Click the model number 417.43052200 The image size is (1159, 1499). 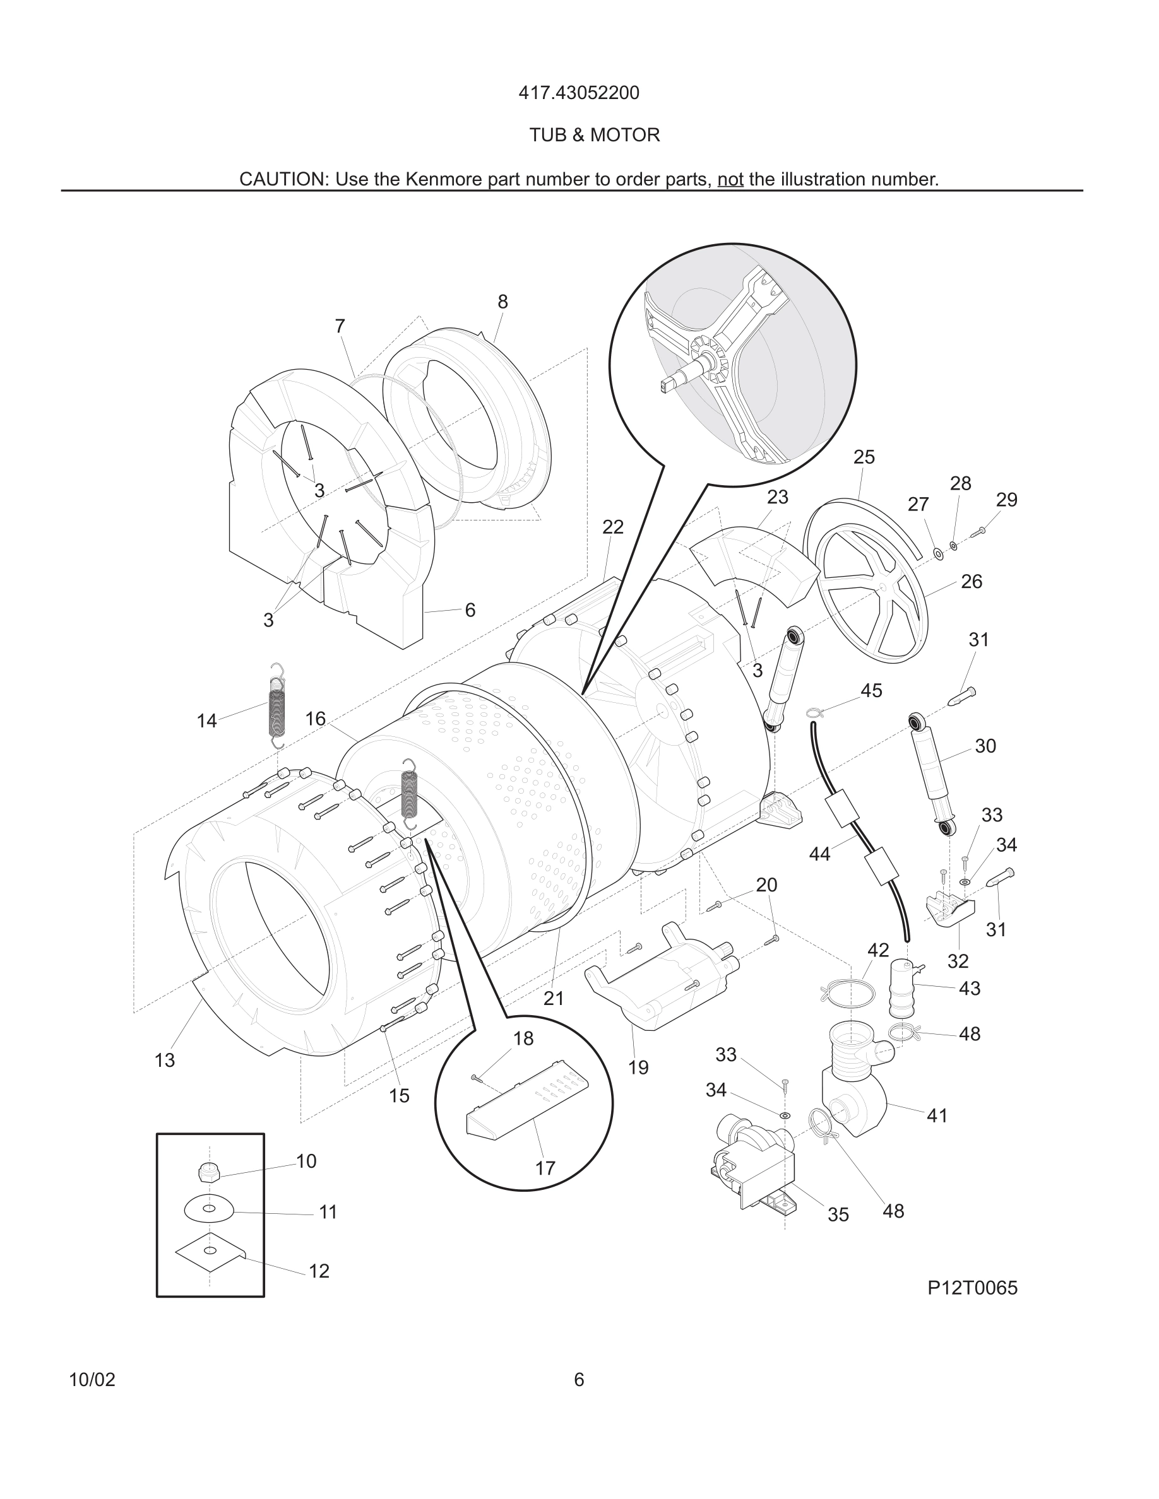pyautogui.click(x=578, y=93)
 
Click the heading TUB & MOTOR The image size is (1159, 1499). pyautogui.click(x=594, y=135)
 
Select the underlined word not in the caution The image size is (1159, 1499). pyautogui.click(x=730, y=180)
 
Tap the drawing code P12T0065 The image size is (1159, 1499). pyautogui.click(x=972, y=1288)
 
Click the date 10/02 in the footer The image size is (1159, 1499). pyautogui.click(x=92, y=1380)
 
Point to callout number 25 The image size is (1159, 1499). pyautogui.click(x=864, y=457)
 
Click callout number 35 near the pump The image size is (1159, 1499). pyautogui.click(x=838, y=1215)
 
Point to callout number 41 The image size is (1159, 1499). pyautogui.click(x=937, y=1116)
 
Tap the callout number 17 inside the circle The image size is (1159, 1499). pyautogui.click(x=545, y=1168)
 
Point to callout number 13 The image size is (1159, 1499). pyautogui.click(x=165, y=1061)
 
